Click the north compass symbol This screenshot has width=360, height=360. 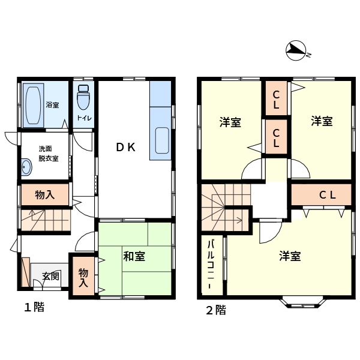[x=296, y=50]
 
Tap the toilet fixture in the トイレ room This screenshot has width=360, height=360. [x=83, y=97]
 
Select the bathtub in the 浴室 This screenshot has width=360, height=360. [x=34, y=106]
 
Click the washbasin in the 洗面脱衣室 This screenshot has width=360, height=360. [x=26, y=167]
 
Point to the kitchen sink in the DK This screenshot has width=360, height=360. [x=162, y=140]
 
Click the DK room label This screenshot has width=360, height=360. [x=126, y=147]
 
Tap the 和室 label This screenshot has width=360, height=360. [x=134, y=256]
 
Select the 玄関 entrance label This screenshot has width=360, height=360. [x=51, y=276]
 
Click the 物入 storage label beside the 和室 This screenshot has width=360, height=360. [x=83, y=278]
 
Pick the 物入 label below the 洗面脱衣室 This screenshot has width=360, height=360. [x=45, y=195]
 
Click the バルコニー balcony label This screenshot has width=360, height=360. [x=211, y=265]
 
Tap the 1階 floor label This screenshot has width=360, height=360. [x=34, y=307]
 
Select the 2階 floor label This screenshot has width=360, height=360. [x=216, y=310]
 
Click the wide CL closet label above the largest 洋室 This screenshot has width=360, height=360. [x=328, y=195]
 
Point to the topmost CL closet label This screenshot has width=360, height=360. [x=276, y=100]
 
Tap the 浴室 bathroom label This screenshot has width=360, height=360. [x=52, y=105]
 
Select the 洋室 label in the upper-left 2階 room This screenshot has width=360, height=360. [x=230, y=122]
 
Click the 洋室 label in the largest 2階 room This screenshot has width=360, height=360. [x=290, y=256]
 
